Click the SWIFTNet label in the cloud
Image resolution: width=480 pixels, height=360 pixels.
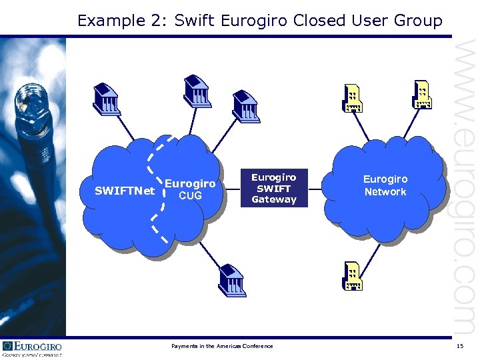(x=125, y=191)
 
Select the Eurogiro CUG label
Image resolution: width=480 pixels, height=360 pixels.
(x=190, y=189)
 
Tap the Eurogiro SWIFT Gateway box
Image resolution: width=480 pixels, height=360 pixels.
(x=273, y=188)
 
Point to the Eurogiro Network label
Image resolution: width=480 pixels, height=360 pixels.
(x=385, y=185)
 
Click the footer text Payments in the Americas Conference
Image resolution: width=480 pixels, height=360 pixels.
(x=222, y=346)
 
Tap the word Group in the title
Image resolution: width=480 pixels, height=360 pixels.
(x=418, y=21)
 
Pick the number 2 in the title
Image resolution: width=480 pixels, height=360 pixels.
(x=159, y=21)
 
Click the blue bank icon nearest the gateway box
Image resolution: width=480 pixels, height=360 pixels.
(x=245, y=105)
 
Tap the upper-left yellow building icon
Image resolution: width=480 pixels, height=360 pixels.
(x=353, y=99)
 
